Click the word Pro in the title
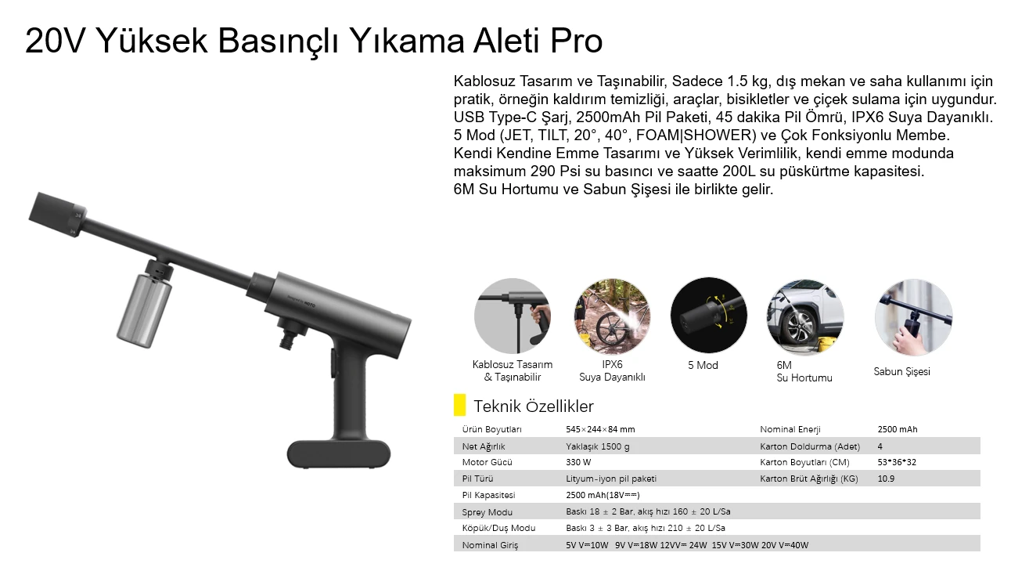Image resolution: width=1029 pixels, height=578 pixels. pos(574,42)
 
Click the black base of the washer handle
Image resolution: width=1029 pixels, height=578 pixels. pos(338,453)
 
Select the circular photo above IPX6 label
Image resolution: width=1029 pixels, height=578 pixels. pos(612,316)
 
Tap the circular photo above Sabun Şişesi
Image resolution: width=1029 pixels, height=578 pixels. pos(913,317)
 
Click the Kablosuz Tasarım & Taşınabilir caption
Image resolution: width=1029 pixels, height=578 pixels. pos(513,370)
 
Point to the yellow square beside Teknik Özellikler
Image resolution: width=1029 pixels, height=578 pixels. pos(459,406)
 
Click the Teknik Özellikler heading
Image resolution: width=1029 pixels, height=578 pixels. pos(533,406)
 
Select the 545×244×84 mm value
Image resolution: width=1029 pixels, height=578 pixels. pos(600,429)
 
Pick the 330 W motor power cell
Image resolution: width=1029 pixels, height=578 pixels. pos(578,462)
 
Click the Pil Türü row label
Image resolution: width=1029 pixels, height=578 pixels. pos(477,479)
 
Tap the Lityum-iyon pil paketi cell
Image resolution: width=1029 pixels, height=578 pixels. pos(611,479)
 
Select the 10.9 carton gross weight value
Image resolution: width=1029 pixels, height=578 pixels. pos(886,479)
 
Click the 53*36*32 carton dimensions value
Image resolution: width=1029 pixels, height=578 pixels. pos(897,462)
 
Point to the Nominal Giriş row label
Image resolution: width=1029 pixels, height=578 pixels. pos(490,545)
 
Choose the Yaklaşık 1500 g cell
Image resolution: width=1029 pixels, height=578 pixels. pos(597,446)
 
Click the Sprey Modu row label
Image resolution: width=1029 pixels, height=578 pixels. pos(488,512)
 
